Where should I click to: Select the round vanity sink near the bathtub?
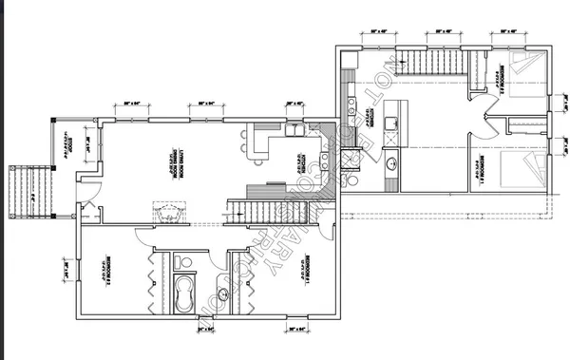pos(224,295)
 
